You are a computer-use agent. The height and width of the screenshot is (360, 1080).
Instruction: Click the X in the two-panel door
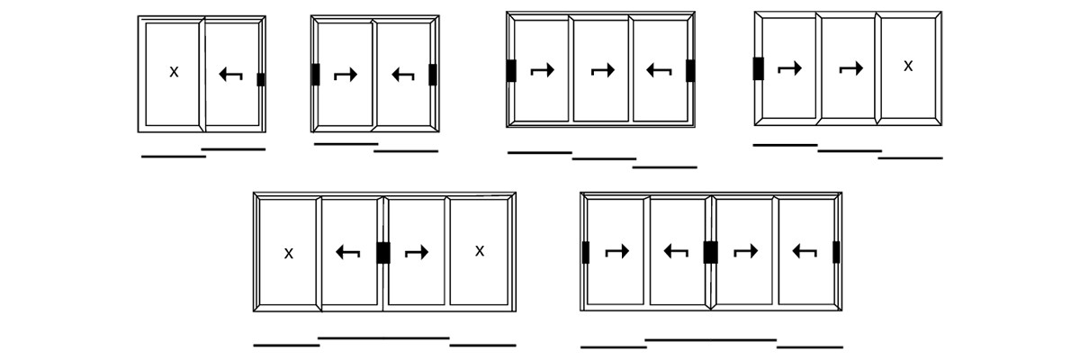click(174, 72)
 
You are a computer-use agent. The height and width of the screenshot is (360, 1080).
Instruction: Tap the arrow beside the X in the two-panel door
click(230, 74)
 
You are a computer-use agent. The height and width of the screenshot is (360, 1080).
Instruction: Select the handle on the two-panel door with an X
click(261, 79)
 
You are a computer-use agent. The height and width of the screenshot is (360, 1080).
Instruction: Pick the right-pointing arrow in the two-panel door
click(346, 75)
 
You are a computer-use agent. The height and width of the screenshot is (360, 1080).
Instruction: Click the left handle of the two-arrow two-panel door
click(316, 75)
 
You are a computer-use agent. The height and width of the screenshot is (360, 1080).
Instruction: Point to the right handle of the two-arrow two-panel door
click(433, 75)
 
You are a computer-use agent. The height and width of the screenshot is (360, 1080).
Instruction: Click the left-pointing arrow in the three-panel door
click(659, 70)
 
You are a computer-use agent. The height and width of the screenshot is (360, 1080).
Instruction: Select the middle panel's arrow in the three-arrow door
click(603, 70)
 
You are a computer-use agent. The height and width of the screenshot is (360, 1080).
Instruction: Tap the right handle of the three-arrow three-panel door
click(690, 71)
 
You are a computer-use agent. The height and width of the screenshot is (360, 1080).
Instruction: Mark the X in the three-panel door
click(908, 66)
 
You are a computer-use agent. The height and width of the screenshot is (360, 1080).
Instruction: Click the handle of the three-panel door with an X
click(759, 68)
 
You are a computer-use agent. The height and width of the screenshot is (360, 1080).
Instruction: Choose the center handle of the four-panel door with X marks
click(383, 253)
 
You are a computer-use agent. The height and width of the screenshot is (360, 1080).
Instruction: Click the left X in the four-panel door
click(288, 254)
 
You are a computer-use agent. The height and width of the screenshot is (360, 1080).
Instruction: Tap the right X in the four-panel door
click(479, 251)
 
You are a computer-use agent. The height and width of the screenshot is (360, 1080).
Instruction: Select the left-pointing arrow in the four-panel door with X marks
click(347, 252)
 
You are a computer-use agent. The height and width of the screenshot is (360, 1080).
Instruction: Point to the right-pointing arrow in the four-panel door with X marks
click(417, 252)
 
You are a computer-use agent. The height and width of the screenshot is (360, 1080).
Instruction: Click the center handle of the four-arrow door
click(710, 253)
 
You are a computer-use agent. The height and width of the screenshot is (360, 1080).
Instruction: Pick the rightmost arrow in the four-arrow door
click(805, 251)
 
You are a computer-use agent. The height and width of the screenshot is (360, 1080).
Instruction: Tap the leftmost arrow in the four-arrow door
click(617, 251)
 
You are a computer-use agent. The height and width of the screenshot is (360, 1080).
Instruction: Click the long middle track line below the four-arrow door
click(711, 340)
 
